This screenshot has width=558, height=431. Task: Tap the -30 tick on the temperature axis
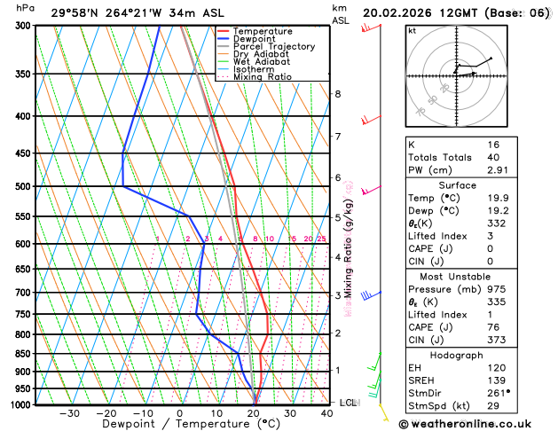68,413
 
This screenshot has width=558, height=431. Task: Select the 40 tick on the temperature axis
327,413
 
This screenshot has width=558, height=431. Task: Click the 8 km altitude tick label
337,94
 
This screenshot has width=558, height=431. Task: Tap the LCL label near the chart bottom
348,403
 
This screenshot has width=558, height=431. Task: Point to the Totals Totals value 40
493,157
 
